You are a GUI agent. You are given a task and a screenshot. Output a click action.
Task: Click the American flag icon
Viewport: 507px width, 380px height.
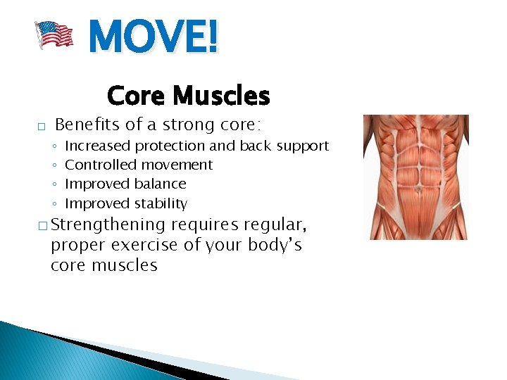(55, 34)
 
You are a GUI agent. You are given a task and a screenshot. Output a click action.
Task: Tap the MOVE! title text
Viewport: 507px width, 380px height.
(154, 37)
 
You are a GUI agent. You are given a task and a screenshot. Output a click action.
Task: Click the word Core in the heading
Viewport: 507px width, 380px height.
(137, 95)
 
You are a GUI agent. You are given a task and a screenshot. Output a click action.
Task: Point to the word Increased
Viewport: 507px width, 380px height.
(97, 146)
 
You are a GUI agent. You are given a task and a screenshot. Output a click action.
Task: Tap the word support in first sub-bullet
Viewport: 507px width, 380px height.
(303, 146)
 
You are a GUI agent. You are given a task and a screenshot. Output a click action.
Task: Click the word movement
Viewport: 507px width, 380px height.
(180, 165)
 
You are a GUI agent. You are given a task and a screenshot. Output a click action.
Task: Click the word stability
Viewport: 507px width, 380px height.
(163, 204)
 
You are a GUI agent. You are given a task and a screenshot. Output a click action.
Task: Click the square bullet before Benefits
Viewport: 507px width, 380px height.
(42, 127)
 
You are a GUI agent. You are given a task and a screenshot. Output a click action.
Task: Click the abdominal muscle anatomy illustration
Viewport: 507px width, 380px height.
(415, 177)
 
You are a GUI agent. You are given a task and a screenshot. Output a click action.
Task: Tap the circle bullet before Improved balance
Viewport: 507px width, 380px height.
(55, 184)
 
